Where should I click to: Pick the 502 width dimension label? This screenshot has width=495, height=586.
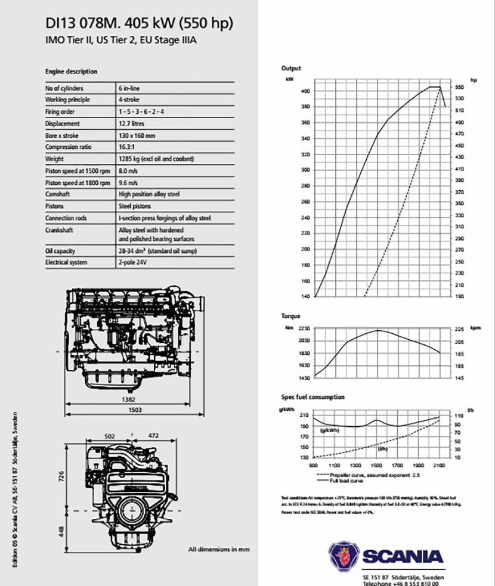[109, 436]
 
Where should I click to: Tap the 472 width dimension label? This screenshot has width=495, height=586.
[153, 436]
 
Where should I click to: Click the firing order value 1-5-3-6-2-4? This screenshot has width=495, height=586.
[141, 112]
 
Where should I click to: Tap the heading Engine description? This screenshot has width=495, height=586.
[72, 72]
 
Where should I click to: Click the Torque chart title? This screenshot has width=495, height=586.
[291, 316]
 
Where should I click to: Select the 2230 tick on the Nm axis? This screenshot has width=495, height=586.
[304, 328]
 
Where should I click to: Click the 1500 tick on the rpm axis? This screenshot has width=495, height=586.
[376, 464]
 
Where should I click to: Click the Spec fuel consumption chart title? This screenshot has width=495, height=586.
[313, 397]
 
